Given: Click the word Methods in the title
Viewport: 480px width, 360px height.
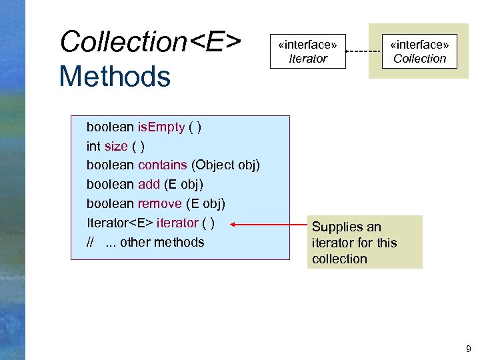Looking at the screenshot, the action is point(115,76).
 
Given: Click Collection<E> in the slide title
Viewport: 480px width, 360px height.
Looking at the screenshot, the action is point(151,41).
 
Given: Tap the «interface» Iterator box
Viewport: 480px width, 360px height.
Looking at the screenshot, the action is point(307,51).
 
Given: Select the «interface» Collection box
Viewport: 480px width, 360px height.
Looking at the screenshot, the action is point(419,51).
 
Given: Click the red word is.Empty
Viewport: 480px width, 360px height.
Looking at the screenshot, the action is point(161,127).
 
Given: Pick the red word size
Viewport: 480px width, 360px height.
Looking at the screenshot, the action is point(116,146).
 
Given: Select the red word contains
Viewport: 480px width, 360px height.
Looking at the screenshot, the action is point(162,165).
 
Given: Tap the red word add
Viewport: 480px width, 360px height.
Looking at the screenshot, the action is point(149,184).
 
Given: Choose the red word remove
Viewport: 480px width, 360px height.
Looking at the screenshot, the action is point(159,203).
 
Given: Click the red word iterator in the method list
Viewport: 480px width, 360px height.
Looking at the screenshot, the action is point(177,223).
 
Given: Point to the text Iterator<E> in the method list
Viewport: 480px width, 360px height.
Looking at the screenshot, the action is point(119,223).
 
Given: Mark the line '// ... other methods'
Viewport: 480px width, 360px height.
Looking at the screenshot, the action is point(145,242).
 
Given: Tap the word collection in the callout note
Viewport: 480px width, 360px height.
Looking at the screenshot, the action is point(339,259).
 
